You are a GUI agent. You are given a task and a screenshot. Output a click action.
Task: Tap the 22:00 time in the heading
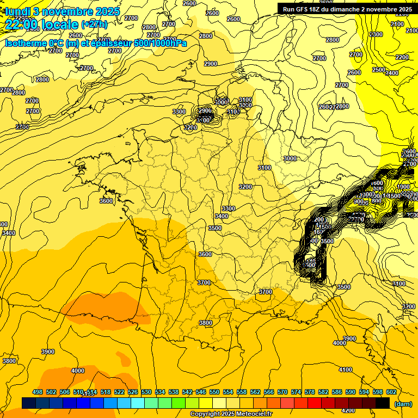point(21,24)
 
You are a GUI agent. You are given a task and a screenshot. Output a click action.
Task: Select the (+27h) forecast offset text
point(94,24)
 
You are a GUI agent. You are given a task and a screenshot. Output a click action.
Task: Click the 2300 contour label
point(376,34)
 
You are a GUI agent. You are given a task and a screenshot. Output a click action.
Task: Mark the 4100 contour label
point(346,370)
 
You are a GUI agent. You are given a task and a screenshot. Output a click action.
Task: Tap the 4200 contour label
point(348,410)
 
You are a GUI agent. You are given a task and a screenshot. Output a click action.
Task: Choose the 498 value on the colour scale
point(38,392)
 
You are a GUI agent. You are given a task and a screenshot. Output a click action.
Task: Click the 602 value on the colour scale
point(391,392)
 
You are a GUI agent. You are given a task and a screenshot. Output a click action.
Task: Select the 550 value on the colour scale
point(214,392)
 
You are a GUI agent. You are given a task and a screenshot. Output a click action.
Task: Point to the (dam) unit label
point(403,404)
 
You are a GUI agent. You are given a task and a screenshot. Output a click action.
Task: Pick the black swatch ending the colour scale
point(383,403)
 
